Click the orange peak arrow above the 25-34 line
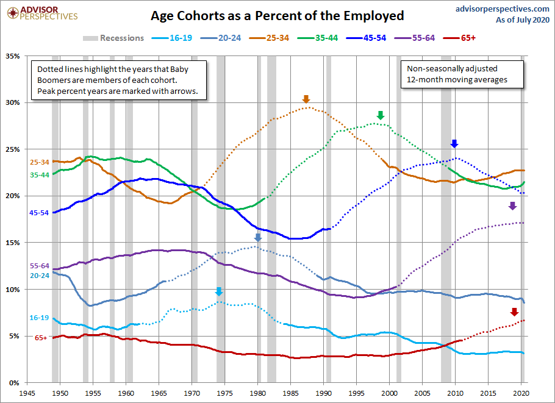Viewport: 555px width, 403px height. click(306, 99)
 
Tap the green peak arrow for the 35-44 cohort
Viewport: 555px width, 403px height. click(381, 115)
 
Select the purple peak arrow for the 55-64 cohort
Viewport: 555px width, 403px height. click(512, 205)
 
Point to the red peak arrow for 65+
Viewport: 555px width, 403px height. click(514, 312)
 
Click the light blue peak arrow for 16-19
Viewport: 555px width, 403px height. click(219, 291)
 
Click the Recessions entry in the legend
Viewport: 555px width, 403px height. click(113, 38)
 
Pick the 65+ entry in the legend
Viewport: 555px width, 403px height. click(459, 38)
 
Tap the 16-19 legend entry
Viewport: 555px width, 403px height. click(172, 38)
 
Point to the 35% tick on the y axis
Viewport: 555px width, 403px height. click(13, 56)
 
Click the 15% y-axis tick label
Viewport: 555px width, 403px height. click(13, 243)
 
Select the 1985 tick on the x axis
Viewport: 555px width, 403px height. click(290, 393)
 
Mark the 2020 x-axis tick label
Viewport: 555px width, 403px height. click(521, 393)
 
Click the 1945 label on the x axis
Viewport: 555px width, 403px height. click(27, 393)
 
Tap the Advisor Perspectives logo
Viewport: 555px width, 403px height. click(42, 13)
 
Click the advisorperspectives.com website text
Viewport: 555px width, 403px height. click(503, 9)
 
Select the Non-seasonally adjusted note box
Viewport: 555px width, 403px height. click(462, 74)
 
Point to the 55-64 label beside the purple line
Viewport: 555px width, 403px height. click(40, 266)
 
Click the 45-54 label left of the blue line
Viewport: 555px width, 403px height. click(39, 213)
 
